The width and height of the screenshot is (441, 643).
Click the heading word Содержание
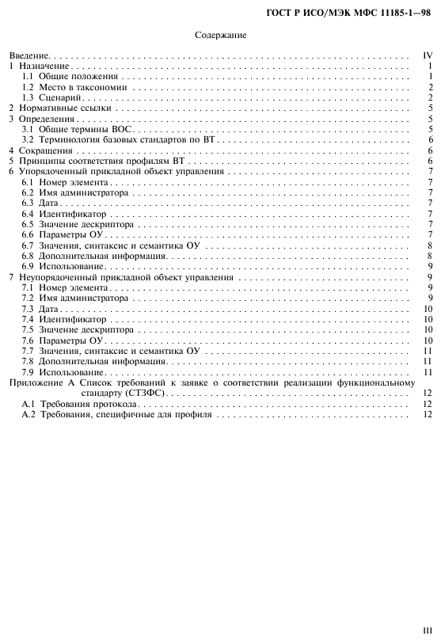220,36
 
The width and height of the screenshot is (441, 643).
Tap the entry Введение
29,57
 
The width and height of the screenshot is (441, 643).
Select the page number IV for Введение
427,57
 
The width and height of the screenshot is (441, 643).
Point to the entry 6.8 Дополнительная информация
93,256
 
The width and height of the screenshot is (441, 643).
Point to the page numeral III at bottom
428,631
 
